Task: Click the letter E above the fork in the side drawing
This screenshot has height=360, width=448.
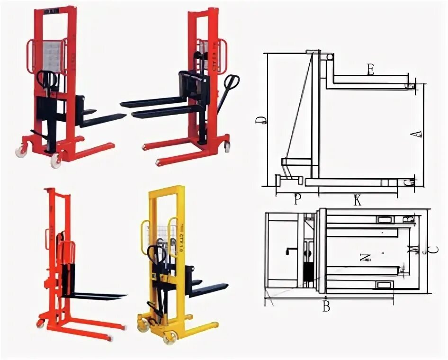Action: pos(370,70)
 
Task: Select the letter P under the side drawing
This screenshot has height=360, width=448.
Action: pos(297,200)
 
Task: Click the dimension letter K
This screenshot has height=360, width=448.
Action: pos(358,201)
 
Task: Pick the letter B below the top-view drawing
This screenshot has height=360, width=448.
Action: pos(326,307)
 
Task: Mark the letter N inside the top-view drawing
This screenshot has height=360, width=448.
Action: pos(365,258)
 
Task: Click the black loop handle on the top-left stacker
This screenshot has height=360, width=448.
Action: pos(46,80)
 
